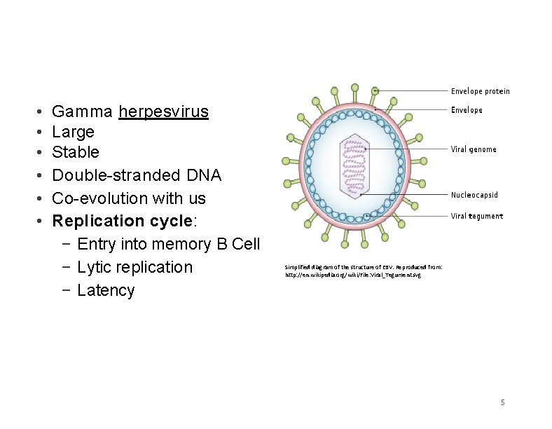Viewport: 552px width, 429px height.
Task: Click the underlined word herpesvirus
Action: click(163, 111)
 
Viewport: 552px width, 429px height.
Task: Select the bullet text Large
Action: click(73, 132)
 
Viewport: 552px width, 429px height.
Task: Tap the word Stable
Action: click(76, 152)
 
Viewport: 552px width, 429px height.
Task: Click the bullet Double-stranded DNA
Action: click(137, 175)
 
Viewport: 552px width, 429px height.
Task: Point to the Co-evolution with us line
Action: click(129, 198)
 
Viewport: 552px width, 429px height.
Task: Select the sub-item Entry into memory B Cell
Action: click(168, 244)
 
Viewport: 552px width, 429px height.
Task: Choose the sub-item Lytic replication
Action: click(134, 267)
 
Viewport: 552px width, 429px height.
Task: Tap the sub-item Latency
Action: click(106, 290)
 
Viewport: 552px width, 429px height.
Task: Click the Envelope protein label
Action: click(480, 91)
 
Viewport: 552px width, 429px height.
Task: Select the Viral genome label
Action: click(473, 149)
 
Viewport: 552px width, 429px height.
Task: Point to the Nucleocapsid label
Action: click(474, 195)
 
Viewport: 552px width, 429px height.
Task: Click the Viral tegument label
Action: click(476, 216)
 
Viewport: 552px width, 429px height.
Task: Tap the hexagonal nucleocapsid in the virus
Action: click(354, 164)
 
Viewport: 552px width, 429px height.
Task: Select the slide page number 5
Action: click(502, 402)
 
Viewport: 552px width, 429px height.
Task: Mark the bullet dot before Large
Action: click(42, 132)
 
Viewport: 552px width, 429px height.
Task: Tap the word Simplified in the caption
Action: click(298, 267)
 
